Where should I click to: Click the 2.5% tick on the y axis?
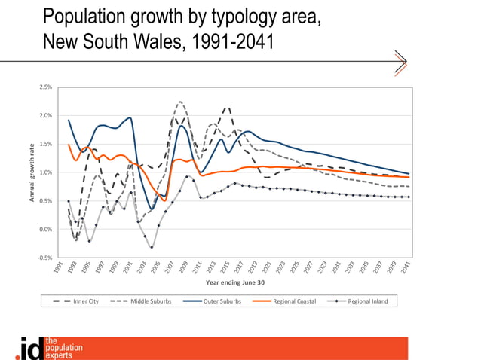45,87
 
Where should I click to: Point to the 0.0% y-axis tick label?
45,230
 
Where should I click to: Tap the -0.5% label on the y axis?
44,258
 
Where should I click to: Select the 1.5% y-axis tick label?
45,145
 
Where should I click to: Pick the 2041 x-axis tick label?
407,269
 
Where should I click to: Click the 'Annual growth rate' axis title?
32,172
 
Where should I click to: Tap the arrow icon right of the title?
400,62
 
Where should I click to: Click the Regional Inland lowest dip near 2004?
152,247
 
